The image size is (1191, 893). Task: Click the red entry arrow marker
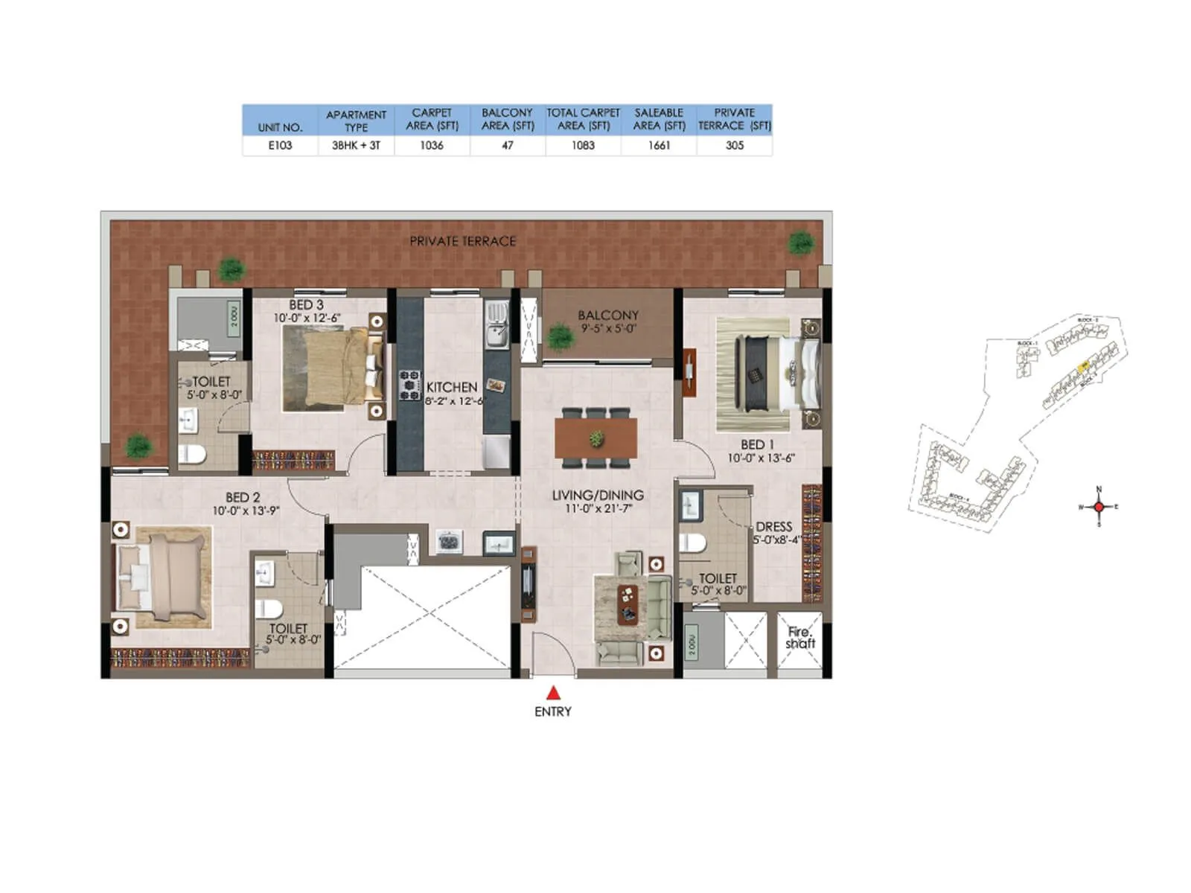click(553, 693)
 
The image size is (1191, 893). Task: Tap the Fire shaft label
click(800, 638)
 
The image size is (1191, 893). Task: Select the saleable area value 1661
click(659, 146)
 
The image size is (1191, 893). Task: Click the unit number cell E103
click(280, 146)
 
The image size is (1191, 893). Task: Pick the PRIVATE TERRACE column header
click(734, 119)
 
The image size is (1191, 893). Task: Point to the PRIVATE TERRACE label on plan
click(462, 241)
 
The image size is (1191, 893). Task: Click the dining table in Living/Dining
click(595, 438)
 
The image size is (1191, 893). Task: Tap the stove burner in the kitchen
click(409, 385)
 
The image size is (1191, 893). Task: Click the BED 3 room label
click(306, 305)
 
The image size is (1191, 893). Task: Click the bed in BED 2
click(163, 577)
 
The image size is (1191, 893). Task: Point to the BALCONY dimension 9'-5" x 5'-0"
click(607, 328)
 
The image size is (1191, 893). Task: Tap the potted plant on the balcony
click(560, 337)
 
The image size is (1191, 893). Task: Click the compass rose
click(1099, 507)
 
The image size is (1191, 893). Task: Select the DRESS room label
click(773, 526)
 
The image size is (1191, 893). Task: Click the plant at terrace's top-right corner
click(801, 242)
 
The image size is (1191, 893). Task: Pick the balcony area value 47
click(508, 146)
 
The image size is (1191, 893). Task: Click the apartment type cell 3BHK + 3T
click(356, 146)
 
